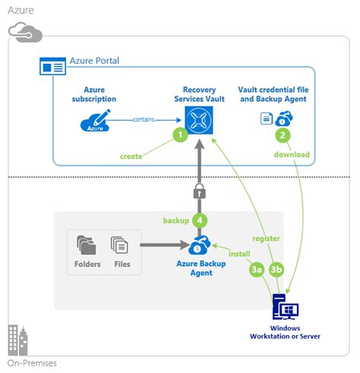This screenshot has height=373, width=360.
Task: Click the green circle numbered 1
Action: (180, 134)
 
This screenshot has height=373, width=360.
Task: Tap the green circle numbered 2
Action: (283, 135)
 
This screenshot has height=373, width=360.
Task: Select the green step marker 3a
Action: (256, 270)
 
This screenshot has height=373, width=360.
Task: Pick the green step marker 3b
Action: (276, 269)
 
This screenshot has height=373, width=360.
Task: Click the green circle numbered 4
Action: (200, 220)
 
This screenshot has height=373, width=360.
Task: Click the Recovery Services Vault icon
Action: (199, 120)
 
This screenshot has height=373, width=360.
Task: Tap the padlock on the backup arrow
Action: (200, 191)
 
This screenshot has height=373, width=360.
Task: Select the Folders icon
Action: (87, 245)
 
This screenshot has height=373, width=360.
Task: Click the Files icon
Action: (119, 245)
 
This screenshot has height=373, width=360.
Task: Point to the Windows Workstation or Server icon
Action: (286, 307)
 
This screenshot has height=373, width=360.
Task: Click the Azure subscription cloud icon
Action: (95, 121)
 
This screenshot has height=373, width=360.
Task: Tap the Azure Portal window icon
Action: (52, 66)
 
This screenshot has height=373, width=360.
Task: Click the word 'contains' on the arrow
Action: (144, 119)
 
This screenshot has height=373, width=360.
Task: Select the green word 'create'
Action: (131, 156)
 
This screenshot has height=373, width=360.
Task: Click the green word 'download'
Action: (292, 154)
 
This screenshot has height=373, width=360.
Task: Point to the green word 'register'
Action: (266, 239)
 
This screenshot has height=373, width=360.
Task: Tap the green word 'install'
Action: (239, 254)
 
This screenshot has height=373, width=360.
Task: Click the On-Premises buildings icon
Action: (17, 340)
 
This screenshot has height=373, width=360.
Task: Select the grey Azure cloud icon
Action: (25, 32)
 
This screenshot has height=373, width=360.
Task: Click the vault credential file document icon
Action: (267, 119)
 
